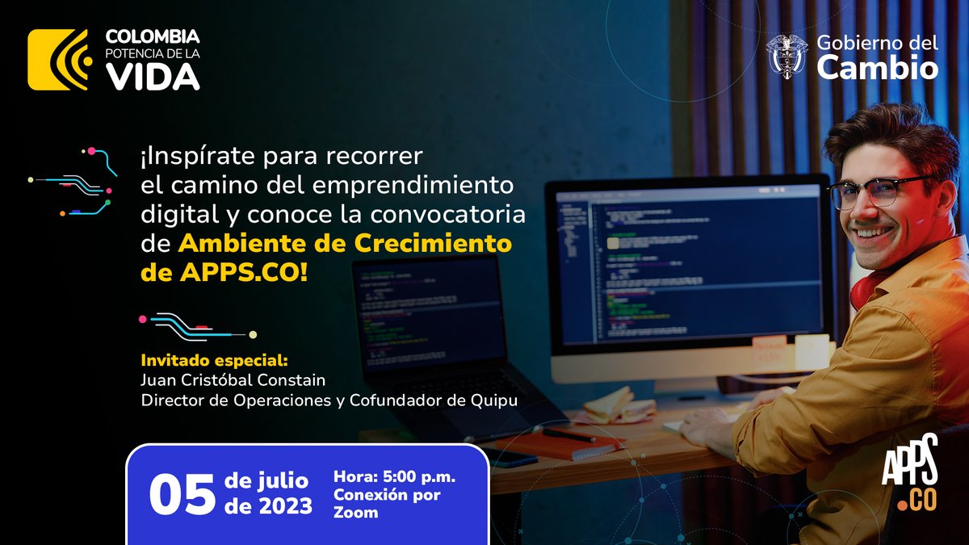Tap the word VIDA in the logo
[153, 76]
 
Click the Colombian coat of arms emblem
[786, 57]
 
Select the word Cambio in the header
[877, 69]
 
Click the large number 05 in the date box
[182, 494]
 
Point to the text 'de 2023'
[270, 507]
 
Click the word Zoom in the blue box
[355, 512]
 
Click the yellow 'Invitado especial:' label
[214, 360]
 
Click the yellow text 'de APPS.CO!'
[224, 271]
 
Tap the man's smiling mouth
[875, 232]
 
